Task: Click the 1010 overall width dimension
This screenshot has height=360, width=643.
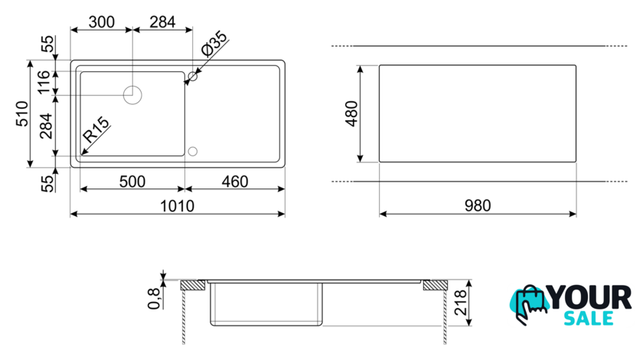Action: (x=177, y=205)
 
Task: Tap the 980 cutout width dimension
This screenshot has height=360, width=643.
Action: (x=478, y=205)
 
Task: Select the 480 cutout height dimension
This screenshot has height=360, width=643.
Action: (x=351, y=113)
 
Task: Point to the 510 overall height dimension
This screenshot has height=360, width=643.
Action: (x=21, y=113)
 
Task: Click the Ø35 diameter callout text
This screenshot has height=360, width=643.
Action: (x=214, y=44)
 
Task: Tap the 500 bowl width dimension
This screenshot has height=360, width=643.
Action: (x=132, y=182)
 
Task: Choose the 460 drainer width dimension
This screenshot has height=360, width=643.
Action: (x=234, y=182)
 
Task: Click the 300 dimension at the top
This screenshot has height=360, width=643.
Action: (x=101, y=21)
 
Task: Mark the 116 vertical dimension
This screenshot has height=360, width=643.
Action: (x=44, y=83)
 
